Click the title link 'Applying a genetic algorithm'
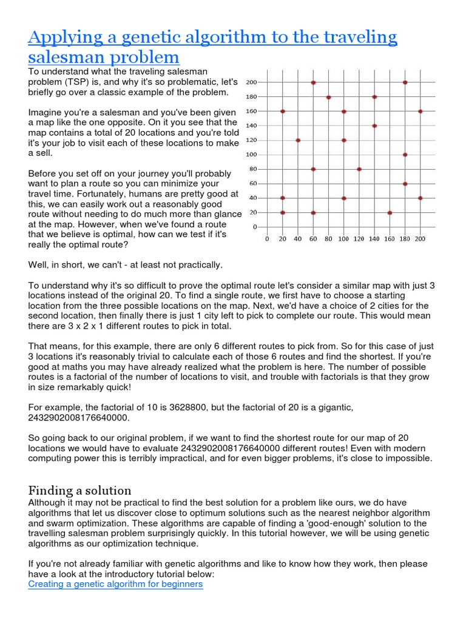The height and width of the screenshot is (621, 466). pyautogui.click(x=212, y=38)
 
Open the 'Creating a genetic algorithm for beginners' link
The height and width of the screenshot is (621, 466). pyautogui.click(x=115, y=584)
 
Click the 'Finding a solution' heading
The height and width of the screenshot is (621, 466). pyautogui.click(x=79, y=490)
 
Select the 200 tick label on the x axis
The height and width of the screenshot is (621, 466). pyautogui.click(x=420, y=239)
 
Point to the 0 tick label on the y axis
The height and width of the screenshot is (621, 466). pyautogui.click(x=255, y=227)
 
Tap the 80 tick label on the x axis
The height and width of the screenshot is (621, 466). pyautogui.click(x=328, y=239)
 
